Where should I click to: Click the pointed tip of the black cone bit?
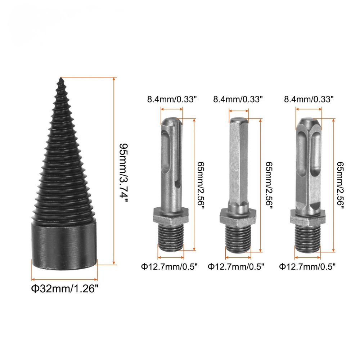pos(61,78)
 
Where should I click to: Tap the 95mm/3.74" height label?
pos(123,174)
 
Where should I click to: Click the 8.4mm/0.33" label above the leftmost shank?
pos(172,99)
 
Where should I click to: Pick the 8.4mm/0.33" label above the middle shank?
pos(238,99)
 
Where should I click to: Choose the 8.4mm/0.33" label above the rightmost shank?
pos(309,99)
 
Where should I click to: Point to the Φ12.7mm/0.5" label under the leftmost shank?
pos(170,266)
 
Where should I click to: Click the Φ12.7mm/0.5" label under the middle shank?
pos(236,266)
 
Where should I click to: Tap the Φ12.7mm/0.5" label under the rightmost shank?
pos(307,266)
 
